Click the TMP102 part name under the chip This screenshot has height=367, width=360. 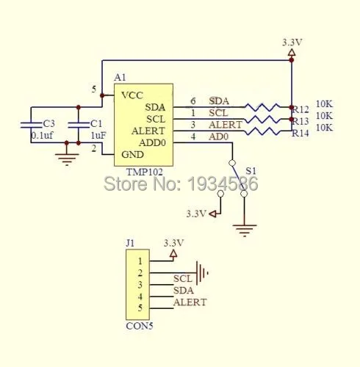tap(144, 172)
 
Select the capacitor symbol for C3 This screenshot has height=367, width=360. tap(31, 125)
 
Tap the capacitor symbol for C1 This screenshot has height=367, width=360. tap(79, 125)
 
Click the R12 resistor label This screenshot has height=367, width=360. tap(301, 109)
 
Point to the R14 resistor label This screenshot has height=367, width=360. tap(300, 134)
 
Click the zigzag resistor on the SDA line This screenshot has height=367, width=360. tap(262, 107)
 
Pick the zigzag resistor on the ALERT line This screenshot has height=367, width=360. tap(262, 131)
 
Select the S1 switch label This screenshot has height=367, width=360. tap(251, 171)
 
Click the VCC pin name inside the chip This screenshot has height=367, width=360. tap(132, 95)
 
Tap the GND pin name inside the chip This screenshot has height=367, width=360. tap(132, 154)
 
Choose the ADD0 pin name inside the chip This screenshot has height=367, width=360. tap(152, 142)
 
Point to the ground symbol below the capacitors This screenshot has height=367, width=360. tap(67, 160)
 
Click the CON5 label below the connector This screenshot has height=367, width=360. tap(140, 326)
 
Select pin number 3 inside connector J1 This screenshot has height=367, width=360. tap(140, 285)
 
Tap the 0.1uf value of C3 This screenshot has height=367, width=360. tap(43, 135)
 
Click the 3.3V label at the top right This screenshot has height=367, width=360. tap(292, 43)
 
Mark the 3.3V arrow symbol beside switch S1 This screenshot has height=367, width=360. tap(213, 214)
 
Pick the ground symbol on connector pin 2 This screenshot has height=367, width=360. tap(202, 273)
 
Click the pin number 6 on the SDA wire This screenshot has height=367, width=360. tap(193, 101)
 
